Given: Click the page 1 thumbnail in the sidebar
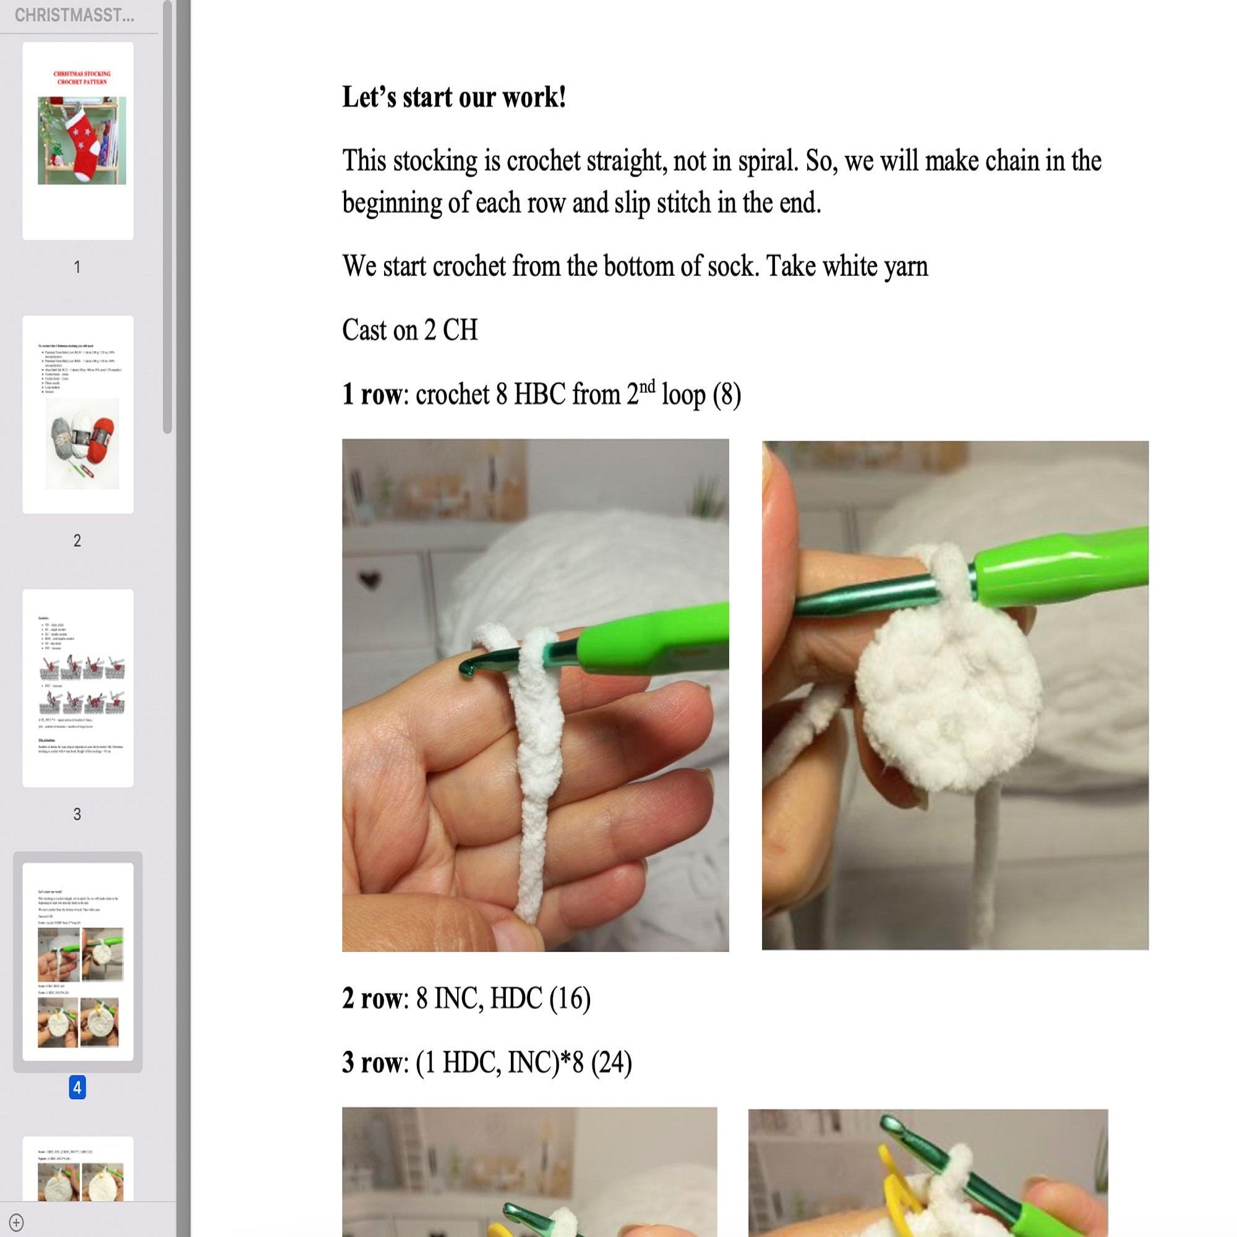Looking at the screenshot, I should (x=77, y=141).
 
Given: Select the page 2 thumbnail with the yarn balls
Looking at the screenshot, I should (x=77, y=414).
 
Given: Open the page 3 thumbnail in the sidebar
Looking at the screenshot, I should (x=77, y=688).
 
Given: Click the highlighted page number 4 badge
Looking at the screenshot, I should (x=77, y=1087).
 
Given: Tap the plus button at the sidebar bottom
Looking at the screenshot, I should (x=17, y=1222).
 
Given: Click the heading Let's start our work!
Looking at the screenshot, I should (x=453, y=97).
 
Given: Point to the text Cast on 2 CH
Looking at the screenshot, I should (x=410, y=330).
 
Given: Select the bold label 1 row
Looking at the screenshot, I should (x=371, y=394).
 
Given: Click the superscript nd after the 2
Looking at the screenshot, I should (x=648, y=386).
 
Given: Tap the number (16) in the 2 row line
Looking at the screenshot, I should (x=569, y=998).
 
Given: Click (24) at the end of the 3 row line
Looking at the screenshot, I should (x=611, y=1062).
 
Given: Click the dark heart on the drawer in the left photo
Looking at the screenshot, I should (x=369, y=580).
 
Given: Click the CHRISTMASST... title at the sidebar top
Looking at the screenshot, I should (x=74, y=15).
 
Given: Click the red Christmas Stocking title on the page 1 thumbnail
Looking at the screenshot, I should (x=82, y=77).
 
